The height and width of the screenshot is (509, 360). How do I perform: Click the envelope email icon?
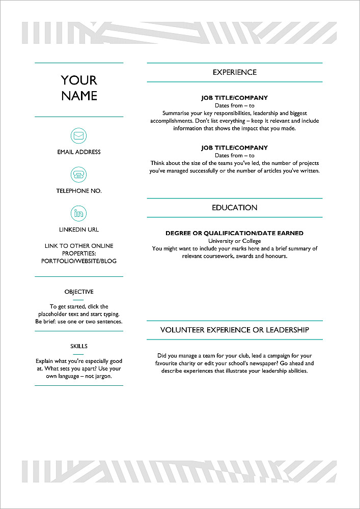pos(78,136)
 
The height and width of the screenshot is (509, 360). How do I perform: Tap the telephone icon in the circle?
pos(78,175)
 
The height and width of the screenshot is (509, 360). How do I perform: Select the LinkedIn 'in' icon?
pos(78,213)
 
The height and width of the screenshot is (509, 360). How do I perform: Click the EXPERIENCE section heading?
pos(235,72)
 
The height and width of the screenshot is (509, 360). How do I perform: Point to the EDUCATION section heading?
pos(235,208)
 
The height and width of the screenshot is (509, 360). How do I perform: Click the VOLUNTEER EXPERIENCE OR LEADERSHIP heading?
pos(235,330)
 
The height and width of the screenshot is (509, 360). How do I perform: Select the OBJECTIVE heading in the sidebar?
pos(79,292)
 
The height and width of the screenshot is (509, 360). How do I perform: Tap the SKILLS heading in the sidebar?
pos(79,346)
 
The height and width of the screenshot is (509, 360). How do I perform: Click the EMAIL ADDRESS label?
pos(79,152)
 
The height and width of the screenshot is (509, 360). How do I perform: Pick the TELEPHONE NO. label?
pos(79,191)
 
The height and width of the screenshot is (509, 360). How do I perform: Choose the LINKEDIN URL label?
pos(79,230)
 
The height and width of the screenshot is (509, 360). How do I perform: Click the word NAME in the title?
pos(79,96)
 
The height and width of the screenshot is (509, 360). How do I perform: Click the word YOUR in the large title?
pos(79,80)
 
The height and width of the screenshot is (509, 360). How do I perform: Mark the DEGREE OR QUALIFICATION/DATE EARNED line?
pos(234,233)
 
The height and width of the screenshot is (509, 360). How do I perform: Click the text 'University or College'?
pos(234,241)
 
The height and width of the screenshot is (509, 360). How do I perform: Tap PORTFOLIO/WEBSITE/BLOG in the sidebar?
pos(79,261)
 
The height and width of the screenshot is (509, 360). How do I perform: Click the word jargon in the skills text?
pos(101,376)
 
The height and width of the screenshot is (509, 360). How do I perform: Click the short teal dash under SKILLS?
pos(78,354)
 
